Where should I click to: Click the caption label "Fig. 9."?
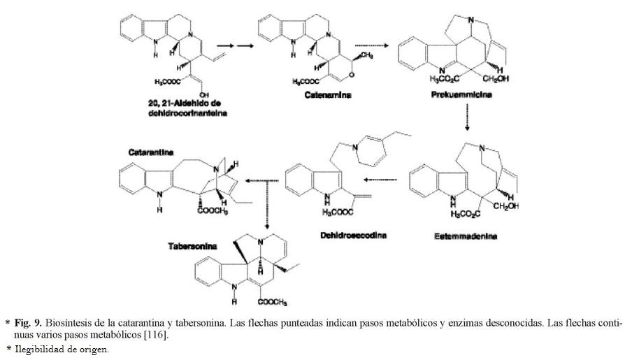pyautogui.click(x=29, y=324)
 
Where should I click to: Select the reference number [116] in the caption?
pyautogui.click(x=157, y=336)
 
